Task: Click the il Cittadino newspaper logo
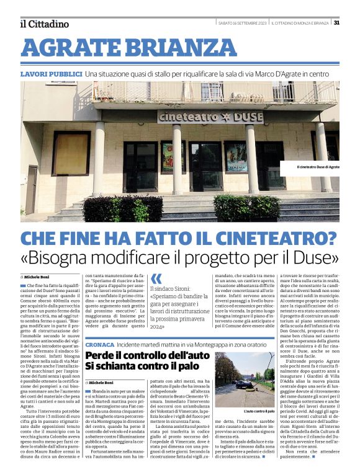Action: pos(45,24)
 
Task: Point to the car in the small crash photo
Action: pos(243,384)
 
